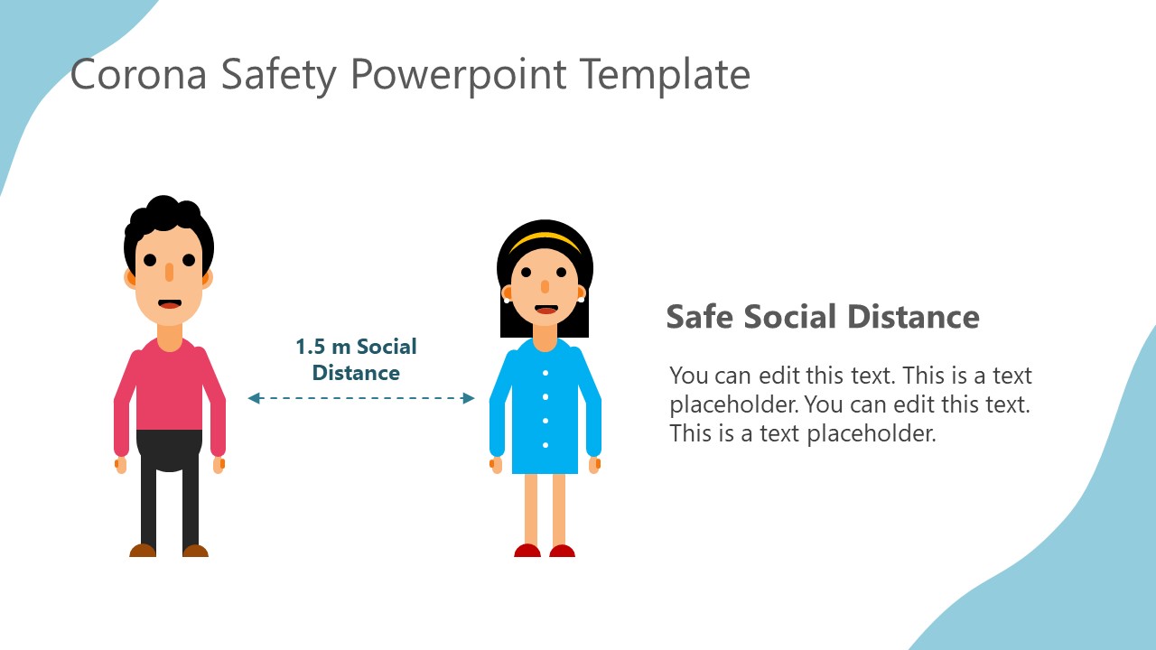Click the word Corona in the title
tap(138, 75)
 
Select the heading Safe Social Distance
tap(822, 317)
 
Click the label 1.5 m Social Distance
tap(356, 359)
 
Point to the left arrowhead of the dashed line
tap(254, 398)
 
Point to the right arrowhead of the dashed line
tap(469, 398)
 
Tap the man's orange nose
tap(169, 271)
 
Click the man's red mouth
tap(170, 304)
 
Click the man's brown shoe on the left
tap(143, 550)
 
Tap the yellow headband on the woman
tap(545, 239)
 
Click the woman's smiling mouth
tap(545, 309)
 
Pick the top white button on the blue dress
tap(545, 373)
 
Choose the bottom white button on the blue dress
tap(545, 444)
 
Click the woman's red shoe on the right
tap(562, 551)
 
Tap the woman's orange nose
tap(545, 287)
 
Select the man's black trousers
tap(169, 487)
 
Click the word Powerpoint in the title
tap(459, 75)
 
